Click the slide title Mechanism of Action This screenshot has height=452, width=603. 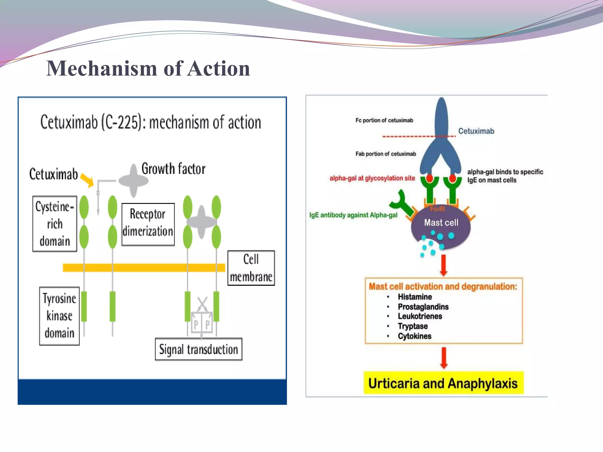click(x=148, y=68)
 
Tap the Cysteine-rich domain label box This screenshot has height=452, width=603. click(x=55, y=224)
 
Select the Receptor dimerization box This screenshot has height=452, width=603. click(x=148, y=224)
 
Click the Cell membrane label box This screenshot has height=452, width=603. click(x=251, y=268)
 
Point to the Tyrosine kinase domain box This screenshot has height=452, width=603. click(x=59, y=316)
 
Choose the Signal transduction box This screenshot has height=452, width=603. click(x=198, y=349)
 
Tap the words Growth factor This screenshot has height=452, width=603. click(x=173, y=169)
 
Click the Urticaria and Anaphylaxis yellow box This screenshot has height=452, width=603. click(x=443, y=383)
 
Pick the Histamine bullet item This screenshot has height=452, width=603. click(x=415, y=297)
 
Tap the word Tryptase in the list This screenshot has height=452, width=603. click(x=413, y=326)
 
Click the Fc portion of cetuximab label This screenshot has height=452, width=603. click(x=384, y=120)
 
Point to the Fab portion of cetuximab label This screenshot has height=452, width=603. click(x=386, y=154)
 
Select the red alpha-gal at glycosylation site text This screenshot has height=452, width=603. click(x=372, y=178)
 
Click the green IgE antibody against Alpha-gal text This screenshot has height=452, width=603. click(x=353, y=215)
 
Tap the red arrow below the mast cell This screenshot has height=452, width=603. click(x=443, y=265)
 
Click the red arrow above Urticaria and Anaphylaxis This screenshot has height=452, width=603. click(x=444, y=358)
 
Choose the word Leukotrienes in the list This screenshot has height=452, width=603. click(x=420, y=316)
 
